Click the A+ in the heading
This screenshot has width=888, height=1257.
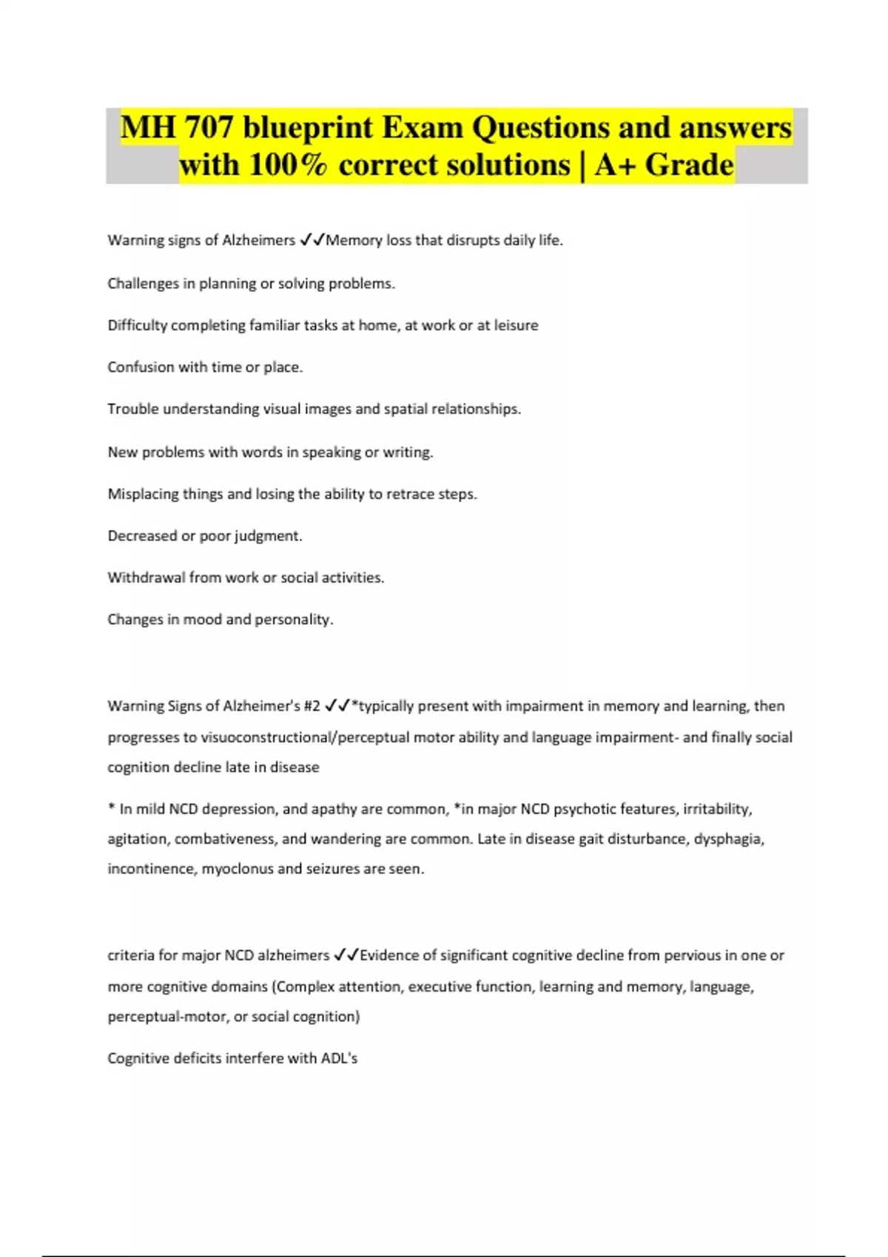616,165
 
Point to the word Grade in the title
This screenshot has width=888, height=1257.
689,165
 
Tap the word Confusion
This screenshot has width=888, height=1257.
141,367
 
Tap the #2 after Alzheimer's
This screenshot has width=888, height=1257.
312,706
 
